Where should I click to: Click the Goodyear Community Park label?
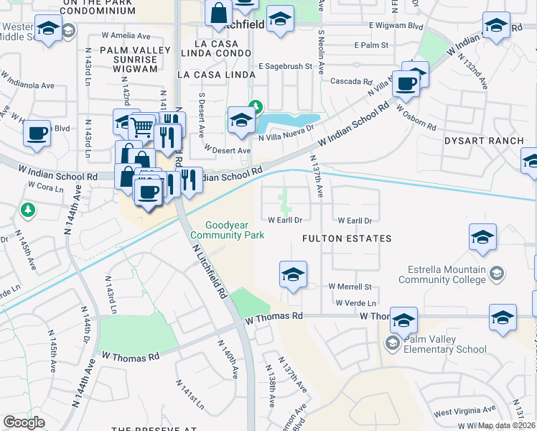click(x=227, y=230)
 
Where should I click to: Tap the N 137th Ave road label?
click(x=316, y=176)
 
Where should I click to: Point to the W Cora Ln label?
click(x=46, y=185)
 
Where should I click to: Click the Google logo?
click(x=24, y=422)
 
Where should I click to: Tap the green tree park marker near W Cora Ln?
click(x=28, y=210)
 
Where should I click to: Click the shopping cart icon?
click(x=143, y=128)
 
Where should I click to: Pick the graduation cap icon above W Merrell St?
click(x=293, y=274)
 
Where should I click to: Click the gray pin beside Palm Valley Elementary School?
click(x=392, y=344)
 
